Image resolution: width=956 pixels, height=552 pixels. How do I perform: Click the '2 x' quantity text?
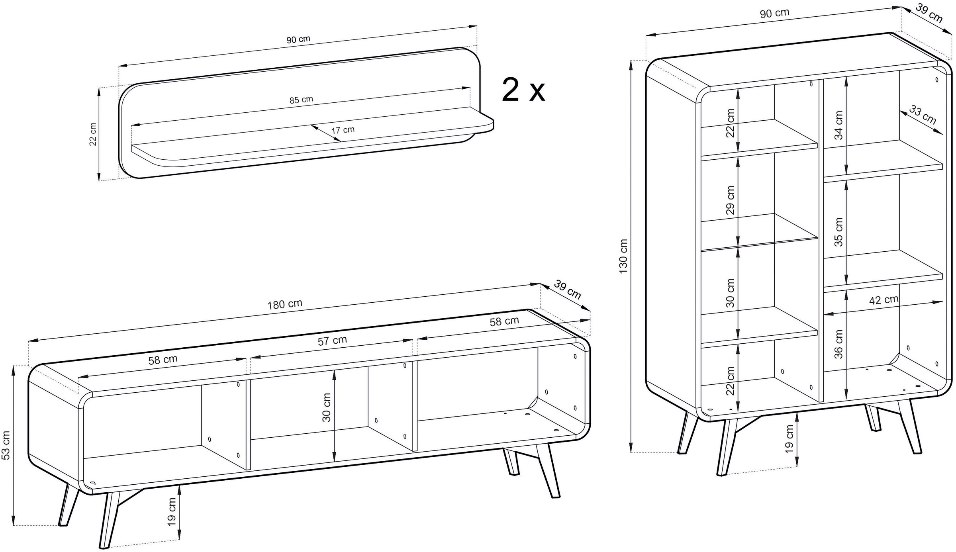coord(523,91)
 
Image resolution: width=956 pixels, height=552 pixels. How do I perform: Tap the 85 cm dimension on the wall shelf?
coord(301,100)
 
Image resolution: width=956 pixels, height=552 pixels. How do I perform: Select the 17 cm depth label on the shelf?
coord(343,130)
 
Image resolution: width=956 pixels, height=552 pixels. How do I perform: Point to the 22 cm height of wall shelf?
coord(93,134)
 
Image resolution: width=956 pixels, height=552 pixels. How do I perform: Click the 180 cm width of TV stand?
coord(284,304)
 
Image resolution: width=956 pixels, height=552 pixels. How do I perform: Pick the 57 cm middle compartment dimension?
coord(332,341)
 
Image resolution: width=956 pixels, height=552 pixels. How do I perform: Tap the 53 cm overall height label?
coord(6,445)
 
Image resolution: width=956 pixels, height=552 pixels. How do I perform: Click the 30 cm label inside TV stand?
coord(326,407)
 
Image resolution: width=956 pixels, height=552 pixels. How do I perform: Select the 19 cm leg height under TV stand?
coord(172,511)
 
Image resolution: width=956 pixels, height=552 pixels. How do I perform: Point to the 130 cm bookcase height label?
coord(623,256)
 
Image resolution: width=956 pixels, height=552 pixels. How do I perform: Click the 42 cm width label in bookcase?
coord(884,300)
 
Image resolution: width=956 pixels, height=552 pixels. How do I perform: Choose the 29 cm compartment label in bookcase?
coord(730,200)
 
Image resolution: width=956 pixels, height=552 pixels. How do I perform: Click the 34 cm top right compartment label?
coord(838,125)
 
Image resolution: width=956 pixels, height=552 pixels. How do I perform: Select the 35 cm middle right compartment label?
coord(838,232)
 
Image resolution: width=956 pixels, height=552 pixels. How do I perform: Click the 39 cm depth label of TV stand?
coord(568,290)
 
